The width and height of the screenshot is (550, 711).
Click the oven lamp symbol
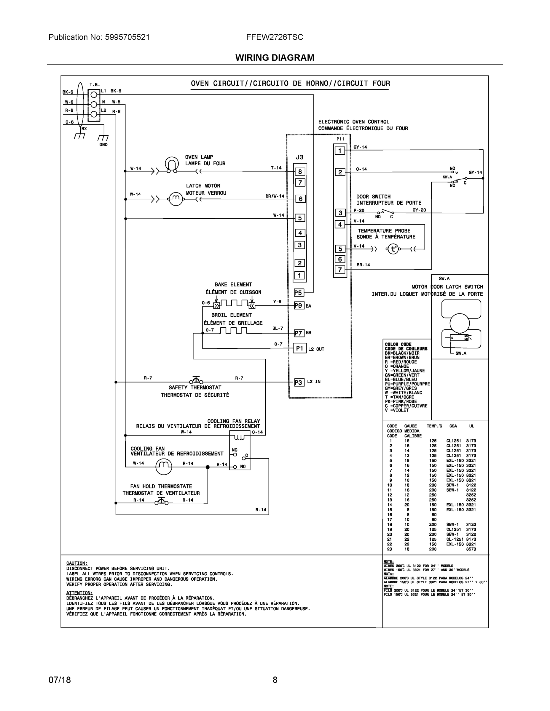(172, 164)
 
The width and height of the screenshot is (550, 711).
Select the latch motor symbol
(176, 198)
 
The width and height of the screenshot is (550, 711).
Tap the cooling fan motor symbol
(164, 467)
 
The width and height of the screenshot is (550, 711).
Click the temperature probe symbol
(393, 249)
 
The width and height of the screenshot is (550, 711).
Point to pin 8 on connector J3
(300, 172)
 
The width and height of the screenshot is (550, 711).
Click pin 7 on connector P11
(340, 270)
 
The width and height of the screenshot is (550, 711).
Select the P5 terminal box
(299, 293)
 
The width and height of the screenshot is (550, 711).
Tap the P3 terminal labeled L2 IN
(299, 382)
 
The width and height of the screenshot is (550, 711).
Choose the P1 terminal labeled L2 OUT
(299, 348)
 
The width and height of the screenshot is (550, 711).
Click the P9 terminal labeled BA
(299, 306)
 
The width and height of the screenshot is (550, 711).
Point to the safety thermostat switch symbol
(196, 380)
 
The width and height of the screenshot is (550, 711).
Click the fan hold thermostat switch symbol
(162, 502)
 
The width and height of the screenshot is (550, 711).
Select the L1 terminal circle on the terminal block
(94, 95)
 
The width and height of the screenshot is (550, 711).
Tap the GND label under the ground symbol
(103, 145)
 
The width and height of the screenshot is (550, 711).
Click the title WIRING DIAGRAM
(275, 58)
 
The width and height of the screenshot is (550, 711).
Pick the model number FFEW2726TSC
(274, 37)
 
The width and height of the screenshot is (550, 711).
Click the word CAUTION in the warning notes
(76, 563)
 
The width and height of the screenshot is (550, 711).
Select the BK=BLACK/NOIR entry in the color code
(402, 353)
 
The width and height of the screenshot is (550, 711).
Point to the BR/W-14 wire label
(275, 196)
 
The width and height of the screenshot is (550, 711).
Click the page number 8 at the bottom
(275, 680)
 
